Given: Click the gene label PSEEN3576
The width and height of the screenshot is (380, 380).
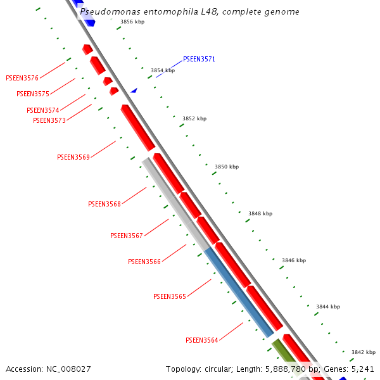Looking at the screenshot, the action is pos(22,79).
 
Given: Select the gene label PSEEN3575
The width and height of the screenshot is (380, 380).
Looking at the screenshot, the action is pos(33,94).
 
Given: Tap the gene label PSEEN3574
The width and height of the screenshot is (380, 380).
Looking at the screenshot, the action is pos(42,111).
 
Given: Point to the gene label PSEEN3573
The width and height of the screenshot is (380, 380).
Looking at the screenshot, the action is pos(49,121).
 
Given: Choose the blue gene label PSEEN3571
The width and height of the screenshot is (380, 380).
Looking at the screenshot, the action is pos(199,60).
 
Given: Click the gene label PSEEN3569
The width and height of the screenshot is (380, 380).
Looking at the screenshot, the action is pos(73,157).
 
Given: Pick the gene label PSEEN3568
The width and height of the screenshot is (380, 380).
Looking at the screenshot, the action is pos(104,205).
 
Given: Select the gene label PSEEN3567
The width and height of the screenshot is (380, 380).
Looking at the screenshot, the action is pos(127,236).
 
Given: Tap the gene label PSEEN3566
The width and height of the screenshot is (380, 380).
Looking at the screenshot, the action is pos(144,262).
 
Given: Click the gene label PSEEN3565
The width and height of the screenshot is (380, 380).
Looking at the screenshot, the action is pos(170,296).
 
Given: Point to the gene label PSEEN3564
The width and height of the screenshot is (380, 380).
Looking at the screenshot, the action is pos(202,341).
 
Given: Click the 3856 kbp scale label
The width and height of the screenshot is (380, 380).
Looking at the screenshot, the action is pos(132,22).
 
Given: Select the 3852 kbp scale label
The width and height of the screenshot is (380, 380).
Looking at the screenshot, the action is pos(194,119).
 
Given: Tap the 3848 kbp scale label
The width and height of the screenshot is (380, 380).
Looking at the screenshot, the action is pos(260,214).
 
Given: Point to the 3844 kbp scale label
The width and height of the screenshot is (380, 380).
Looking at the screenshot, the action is pos(328,307).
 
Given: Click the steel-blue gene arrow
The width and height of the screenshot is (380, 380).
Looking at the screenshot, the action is pos(239,291).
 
